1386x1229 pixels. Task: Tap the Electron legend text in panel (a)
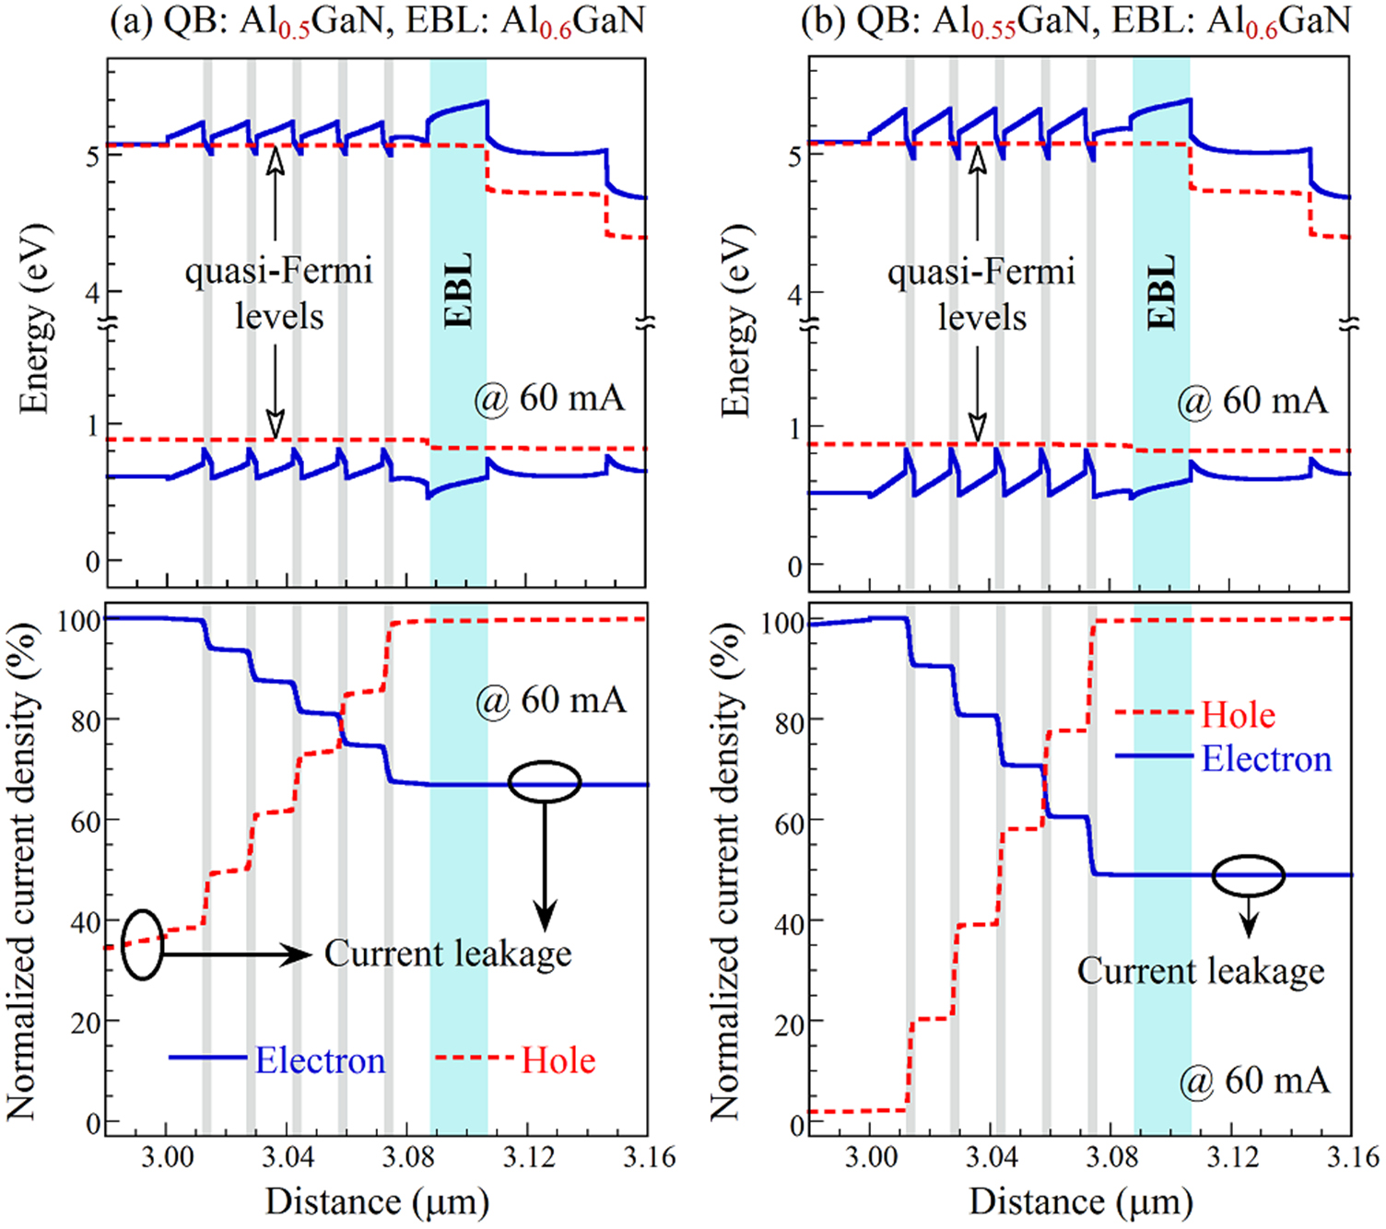320,1060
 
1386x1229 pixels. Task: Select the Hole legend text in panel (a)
558,1060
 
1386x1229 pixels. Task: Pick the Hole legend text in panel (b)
1239,715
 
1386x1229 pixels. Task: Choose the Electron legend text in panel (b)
1266,759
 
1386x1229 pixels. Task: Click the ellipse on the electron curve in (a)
545,782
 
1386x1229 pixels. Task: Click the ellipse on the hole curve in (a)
142,944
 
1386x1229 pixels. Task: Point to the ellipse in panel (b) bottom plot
1248,875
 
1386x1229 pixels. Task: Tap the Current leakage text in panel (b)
1201,971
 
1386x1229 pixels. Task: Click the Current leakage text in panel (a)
448,954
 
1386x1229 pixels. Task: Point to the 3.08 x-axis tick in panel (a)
407,1157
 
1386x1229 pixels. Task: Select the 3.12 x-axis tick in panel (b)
1232,1157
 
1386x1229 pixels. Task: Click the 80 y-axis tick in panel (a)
86,720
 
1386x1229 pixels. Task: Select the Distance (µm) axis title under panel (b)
1081,1202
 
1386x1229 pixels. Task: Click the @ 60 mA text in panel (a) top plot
549,398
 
